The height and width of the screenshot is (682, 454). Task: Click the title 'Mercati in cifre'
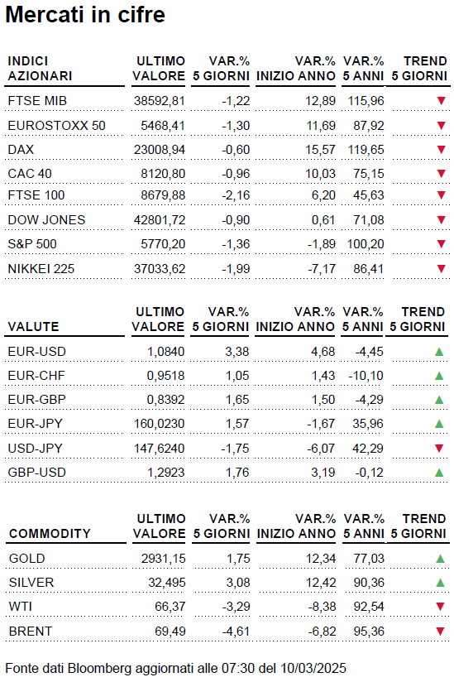(x=85, y=15)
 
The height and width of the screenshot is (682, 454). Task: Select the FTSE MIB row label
(x=37, y=101)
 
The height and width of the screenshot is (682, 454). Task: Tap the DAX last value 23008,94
(x=160, y=150)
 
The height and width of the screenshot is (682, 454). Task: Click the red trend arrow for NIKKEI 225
(x=442, y=268)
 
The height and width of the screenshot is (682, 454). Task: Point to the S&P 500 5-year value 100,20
(x=366, y=244)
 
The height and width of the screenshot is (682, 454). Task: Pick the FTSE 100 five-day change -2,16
(x=236, y=195)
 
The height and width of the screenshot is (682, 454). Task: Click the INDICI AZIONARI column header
(x=40, y=69)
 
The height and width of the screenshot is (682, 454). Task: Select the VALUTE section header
(x=33, y=327)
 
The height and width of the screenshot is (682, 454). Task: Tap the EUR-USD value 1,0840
(x=165, y=352)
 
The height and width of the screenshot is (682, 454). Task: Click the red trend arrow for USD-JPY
(x=439, y=448)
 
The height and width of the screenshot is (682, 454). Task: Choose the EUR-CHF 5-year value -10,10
(x=366, y=376)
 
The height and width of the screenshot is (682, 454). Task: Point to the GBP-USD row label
(x=37, y=473)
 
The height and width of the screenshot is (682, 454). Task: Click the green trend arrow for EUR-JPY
(x=439, y=423)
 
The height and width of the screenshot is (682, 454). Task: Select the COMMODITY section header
(x=50, y=534)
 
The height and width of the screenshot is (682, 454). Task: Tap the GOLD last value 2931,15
(x=164, y=559)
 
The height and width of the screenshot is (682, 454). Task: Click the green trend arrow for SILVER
(x=440, y=583)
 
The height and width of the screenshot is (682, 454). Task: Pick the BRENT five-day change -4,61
(x=236, y=632)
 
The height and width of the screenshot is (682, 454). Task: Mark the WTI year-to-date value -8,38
(x=322, y=607)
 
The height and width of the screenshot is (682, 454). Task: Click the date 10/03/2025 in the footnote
(x=313, y=668)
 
